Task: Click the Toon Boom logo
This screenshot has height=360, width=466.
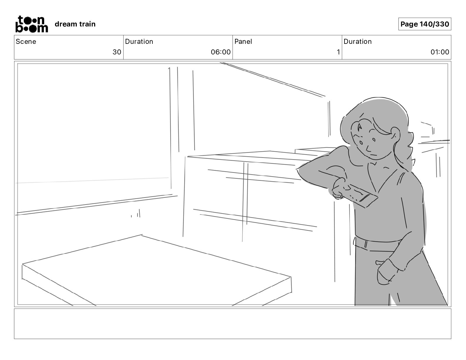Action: coord(31,24)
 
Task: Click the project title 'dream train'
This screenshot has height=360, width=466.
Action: coord(75,24)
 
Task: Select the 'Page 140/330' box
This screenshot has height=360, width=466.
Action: coord(425,24)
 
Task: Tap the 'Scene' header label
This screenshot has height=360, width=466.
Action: coord(26,41)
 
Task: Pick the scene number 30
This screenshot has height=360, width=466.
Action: coord(117,52)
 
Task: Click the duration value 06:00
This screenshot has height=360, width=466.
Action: coord(221,52)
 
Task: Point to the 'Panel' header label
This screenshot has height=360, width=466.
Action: coord(243,41)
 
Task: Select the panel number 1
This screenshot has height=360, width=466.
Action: coord(338,52)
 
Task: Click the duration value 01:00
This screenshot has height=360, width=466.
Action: coord(440,52)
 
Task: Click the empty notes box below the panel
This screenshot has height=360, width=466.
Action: coord(232,324)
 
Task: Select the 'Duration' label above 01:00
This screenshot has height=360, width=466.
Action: coord(357,41)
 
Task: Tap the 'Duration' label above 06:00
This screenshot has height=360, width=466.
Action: coord(139,41)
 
